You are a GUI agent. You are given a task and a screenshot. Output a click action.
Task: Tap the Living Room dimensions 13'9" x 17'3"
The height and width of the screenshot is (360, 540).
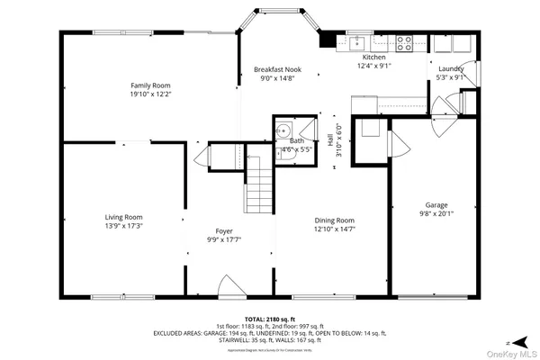(123, 226)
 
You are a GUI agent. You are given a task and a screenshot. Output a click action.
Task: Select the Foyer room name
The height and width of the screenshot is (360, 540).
(224, 230)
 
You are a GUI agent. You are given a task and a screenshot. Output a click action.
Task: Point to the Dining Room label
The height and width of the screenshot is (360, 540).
(334, 220)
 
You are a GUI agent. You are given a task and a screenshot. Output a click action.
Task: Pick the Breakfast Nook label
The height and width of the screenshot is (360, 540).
(277, 69)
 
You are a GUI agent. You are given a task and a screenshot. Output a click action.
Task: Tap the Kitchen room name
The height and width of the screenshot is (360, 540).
(373, 56)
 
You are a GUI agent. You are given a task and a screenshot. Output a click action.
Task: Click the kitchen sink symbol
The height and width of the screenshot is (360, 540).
(357, 40)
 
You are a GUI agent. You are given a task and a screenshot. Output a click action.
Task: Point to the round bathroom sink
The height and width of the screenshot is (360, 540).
(283, 129)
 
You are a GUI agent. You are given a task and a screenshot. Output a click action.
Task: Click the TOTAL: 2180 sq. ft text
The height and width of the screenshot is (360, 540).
(269, 319)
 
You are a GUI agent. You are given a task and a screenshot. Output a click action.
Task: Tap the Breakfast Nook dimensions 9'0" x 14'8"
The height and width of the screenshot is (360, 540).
(277, 78)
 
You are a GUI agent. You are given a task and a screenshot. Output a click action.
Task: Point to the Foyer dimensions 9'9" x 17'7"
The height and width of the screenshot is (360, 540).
(224, 239)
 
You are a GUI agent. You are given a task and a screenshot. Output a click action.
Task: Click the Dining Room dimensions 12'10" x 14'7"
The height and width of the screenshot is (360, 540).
(334, 229)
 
